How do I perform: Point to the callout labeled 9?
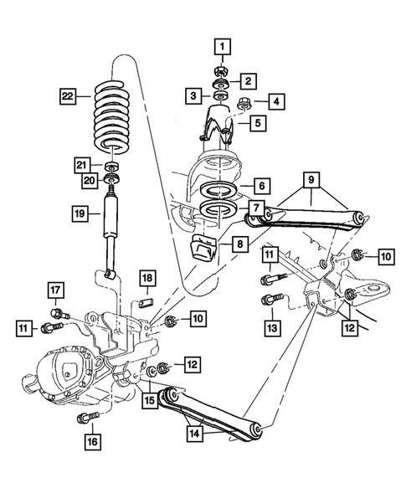(x=309, y=178)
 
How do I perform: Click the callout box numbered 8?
(x=241, y=245)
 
